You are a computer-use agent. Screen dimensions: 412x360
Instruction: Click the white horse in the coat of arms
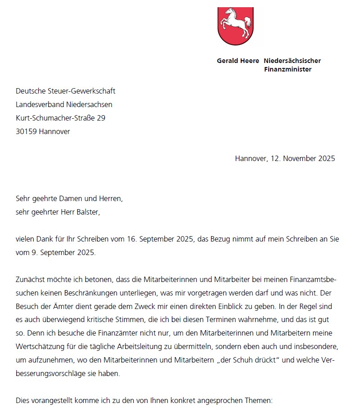pos(235,22)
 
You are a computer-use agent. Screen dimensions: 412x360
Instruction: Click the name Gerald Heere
pos(238,61)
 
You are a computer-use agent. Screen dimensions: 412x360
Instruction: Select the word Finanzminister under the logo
pos(288,69)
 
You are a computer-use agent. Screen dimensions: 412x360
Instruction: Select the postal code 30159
pos(27,132)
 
